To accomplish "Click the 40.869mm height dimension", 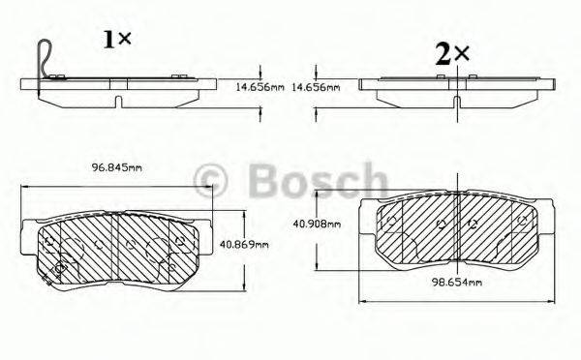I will click(x=243, y=244).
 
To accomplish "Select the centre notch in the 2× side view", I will click(x=455, y=100).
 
